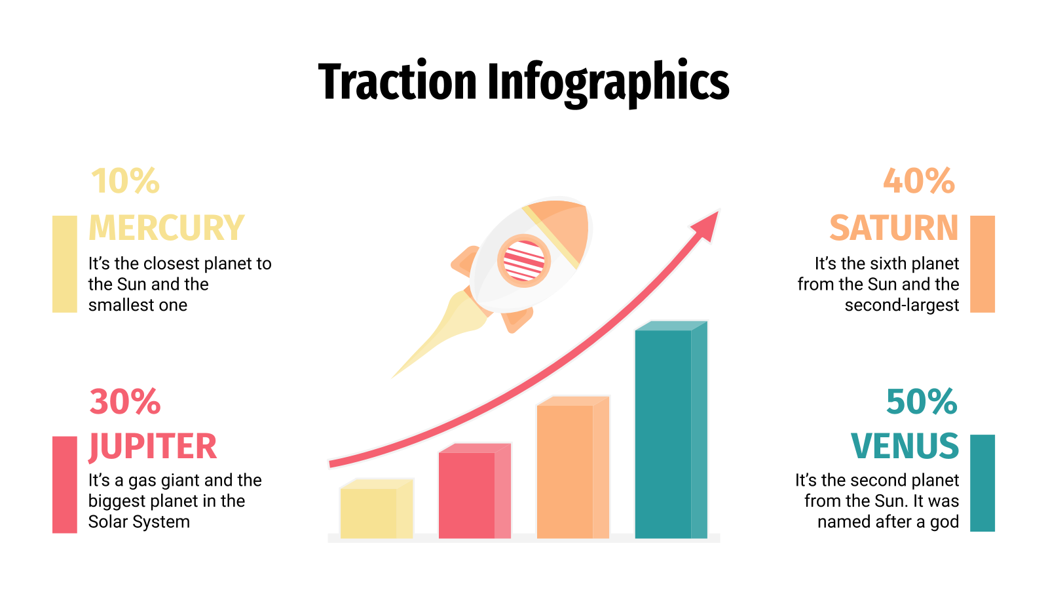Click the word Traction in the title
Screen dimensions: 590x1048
[397, 82]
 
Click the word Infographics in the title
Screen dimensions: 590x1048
[607, 83]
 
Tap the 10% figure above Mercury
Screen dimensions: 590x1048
[125, 182]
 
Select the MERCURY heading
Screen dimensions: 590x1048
[166, 228]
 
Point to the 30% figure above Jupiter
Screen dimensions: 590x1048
[125, 402]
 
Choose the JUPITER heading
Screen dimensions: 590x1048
[153, 447]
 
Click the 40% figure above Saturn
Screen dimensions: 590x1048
[919, 182]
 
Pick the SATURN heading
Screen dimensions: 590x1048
[894, 228]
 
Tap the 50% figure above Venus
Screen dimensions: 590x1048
[922, 402]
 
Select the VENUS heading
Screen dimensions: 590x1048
[905, 447]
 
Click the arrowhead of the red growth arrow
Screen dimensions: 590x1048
[707, 225]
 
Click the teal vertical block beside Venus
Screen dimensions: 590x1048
[982, 482]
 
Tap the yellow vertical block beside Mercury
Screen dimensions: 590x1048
[65, 264]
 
